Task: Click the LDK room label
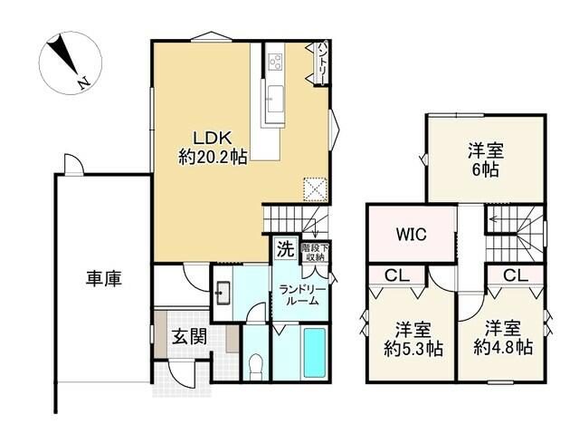pos(213,148)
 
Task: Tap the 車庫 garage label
pos(104,278)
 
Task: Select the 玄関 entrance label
pos(189,337)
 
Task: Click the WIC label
pos(412,234)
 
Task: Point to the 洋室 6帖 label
pos(486,159)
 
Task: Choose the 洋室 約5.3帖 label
pos(413,339)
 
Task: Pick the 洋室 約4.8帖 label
pos(503,338)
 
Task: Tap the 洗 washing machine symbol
pos(286,249)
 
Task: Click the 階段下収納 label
pos(315,252)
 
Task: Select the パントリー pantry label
pos(322,63)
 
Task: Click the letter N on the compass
pos(84,83)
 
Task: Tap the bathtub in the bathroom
pos(314,352)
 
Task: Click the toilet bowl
pos(255,365)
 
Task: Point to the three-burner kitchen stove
pos(275,61)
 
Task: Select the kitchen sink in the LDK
pos(275,99)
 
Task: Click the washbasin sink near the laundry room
pos(222,294)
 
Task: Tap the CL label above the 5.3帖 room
pos(397,275)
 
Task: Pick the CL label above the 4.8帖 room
pos(516,275)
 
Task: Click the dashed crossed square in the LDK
pos(316,189)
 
